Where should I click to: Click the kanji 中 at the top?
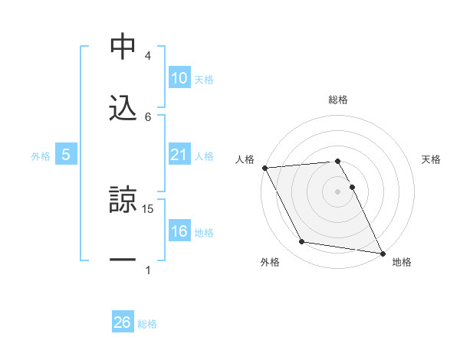123,47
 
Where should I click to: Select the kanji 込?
123,106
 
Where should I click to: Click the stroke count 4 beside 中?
148,56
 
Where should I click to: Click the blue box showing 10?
179,78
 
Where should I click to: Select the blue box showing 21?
179,155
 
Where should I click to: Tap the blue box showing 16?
179,231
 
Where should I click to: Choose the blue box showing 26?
123,322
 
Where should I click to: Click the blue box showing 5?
66,155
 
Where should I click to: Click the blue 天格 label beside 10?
204,79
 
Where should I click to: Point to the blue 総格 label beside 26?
147,323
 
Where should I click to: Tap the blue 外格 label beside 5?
41,155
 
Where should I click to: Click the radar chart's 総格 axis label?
338,100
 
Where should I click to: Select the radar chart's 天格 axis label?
432,159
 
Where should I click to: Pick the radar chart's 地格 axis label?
402,262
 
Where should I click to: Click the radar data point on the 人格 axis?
264,168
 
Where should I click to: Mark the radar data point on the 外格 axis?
302,242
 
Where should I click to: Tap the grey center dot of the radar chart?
338,191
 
